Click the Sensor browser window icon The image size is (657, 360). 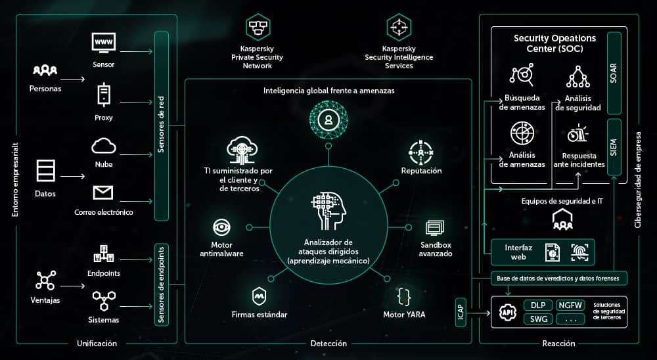104,44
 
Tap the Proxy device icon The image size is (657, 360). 104,94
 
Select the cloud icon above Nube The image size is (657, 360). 104,145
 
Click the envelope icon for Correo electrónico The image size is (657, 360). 103,192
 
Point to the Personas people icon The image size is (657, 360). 45,70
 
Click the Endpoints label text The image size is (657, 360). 104,273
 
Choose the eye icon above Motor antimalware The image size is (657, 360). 221,228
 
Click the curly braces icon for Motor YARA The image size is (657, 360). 404,295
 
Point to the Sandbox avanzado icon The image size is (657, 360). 436,228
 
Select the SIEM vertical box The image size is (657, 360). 614,147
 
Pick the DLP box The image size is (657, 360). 537,305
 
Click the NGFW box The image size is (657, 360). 570,305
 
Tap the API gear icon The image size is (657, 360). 507,312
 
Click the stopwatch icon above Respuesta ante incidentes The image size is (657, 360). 578,133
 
